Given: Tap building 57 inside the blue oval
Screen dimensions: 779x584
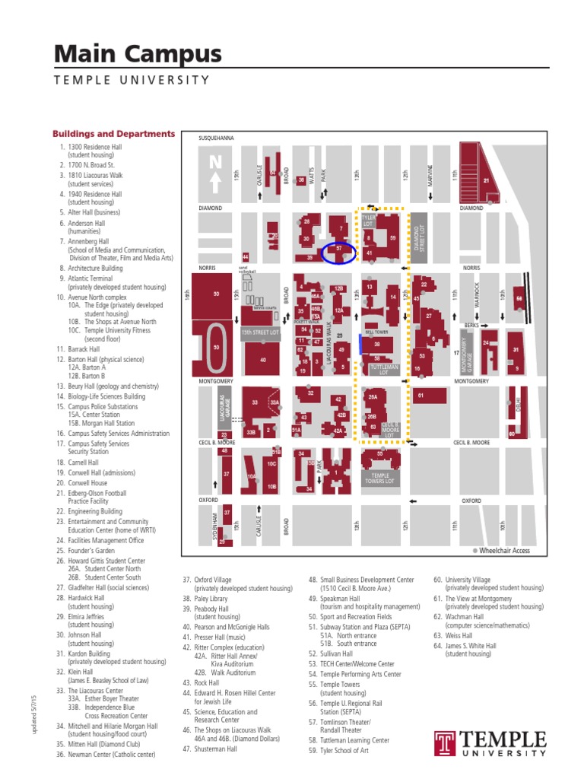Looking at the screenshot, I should point(339,250).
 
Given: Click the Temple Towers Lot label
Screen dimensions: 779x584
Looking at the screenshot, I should point(379,478).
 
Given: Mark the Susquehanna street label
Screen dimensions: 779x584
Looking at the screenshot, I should point(216,138).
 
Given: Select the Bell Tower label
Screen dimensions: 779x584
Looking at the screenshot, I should point(376,332).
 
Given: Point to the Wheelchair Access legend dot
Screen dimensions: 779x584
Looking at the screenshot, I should point(474,550).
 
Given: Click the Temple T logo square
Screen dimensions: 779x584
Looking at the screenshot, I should point(445,744).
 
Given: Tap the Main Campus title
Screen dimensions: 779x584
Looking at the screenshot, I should point(138,54).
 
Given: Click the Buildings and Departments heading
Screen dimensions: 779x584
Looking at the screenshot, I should point(113,134).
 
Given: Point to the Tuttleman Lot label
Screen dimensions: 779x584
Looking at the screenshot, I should point(379,370).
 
